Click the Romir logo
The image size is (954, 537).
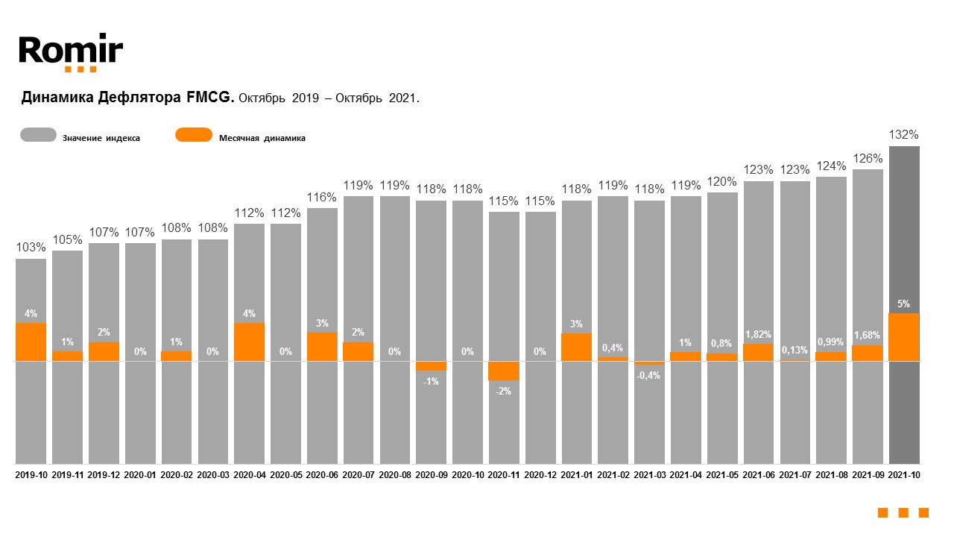click(71, 52)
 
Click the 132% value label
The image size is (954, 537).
click(904, 135)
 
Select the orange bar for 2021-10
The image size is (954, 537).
click(904, 337)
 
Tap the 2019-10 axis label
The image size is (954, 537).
click(31, 474)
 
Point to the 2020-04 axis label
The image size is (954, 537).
click(249, 474)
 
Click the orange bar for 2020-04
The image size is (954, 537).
click(249, 342)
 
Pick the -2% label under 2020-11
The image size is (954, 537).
click(504, 391)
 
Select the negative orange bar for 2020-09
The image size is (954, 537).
click(431, 365)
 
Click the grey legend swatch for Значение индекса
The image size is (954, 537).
click(38, 135)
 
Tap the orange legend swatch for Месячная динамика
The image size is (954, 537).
click(194, 135)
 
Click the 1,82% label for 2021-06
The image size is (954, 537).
click(758, 334)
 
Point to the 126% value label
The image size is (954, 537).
click(868, 158)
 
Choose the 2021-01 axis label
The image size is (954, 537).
click(576, 474)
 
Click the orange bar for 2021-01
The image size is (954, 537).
click(576, 347)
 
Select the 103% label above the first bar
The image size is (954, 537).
click(31, 248)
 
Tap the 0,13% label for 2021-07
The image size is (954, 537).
click(795, 350)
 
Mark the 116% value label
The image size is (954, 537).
click(322, 197)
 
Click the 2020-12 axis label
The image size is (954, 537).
click(540, 474)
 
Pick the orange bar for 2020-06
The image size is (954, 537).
click(322, 347)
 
